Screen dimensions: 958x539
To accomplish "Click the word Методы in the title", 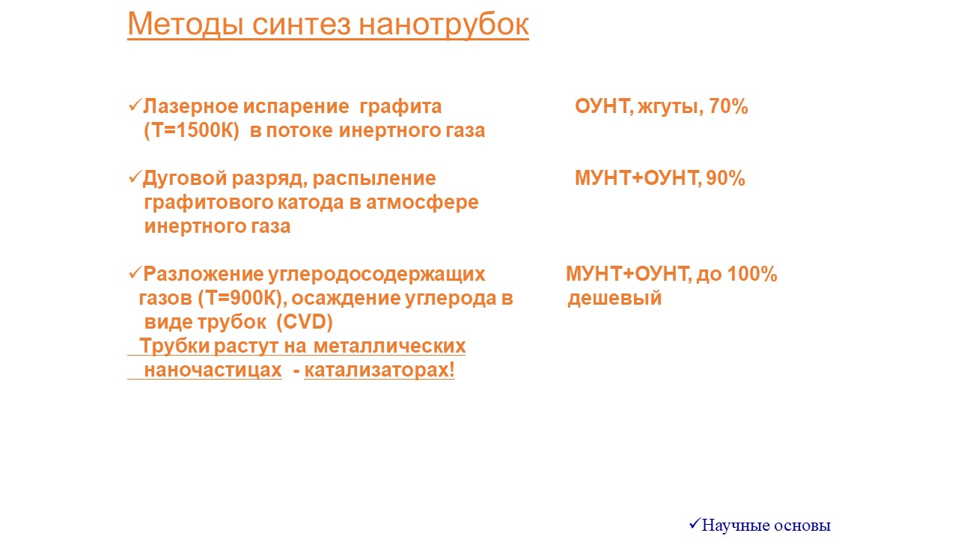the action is [186, 25].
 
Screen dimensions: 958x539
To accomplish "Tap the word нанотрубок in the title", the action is [444, 25].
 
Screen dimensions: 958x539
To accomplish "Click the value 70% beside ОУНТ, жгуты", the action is [728, 106].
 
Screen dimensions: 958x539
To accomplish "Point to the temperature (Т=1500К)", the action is [192, 131].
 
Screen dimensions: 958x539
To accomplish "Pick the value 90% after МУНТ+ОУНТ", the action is [725, 178].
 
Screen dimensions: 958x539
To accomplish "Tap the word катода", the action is [311, 202].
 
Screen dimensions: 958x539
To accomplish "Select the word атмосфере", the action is [422, 203].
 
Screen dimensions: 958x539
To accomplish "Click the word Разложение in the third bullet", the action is [203, 274].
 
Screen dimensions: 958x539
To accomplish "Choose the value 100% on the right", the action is [752, 274].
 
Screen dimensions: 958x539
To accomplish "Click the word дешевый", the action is [614, 299].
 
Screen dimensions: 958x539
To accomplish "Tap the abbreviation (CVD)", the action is [305, 323].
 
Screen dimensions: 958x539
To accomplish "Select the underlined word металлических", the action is [390, 346].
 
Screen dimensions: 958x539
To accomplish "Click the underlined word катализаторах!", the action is [379, 371].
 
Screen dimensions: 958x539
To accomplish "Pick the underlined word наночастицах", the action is [213, 371].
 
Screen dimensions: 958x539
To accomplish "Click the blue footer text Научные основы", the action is [766, 526].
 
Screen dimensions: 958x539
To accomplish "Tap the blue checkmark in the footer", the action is [695, 523].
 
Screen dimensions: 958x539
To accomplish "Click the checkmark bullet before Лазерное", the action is [135, 106].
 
